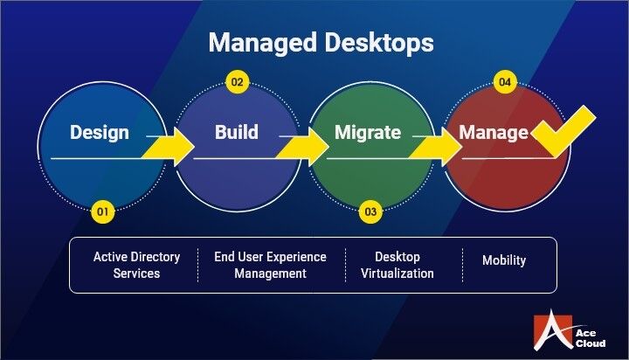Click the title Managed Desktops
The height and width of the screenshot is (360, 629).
tap(320, 42)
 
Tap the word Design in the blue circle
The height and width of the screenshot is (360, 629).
tap(100, 133)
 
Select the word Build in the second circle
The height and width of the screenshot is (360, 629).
tap(237, 133)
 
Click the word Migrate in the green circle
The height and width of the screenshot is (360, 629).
tap(368, 133)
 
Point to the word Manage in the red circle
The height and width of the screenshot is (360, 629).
tap(494, 134)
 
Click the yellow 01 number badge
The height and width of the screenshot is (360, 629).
tap(103, 211)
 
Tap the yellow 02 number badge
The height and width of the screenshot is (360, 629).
tap(238, 83)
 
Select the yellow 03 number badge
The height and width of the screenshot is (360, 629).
tap(370, 211)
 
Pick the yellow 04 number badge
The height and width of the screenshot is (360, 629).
tap(504, 83)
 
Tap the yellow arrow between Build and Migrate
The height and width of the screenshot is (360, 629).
tap(304, 145)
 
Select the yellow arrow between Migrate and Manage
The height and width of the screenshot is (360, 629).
tap(438, 145)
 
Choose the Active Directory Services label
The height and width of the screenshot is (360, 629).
tap(137, 265)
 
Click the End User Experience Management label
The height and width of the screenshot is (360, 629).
tap(271, 265)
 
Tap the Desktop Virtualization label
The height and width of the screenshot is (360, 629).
tap(397, 265)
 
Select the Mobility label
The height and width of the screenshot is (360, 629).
tap(505, 260)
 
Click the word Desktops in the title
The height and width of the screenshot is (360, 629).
tap(378, 42)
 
